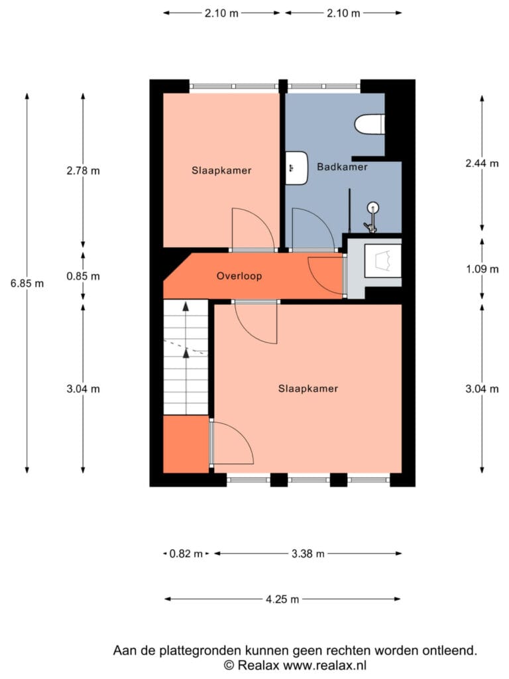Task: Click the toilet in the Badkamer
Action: [370, 124]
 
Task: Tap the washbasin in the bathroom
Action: [297, 168]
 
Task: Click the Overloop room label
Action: [239, 277]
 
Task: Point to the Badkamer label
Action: [343, 166]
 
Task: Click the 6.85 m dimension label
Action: [27, 284]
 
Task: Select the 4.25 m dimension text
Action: [282, 599]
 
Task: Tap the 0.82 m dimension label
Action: [186, 554]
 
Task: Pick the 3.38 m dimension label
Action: [308, 554]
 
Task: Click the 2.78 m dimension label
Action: [83, 171]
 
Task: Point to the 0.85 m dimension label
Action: [83, 277]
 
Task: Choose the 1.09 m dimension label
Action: [482, 269]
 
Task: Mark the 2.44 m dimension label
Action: [482, 163]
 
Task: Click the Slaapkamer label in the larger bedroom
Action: [308, 389]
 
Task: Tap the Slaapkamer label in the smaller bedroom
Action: [221, 170]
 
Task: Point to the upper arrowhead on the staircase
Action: [186, 306]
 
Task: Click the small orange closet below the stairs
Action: [186, 444]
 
